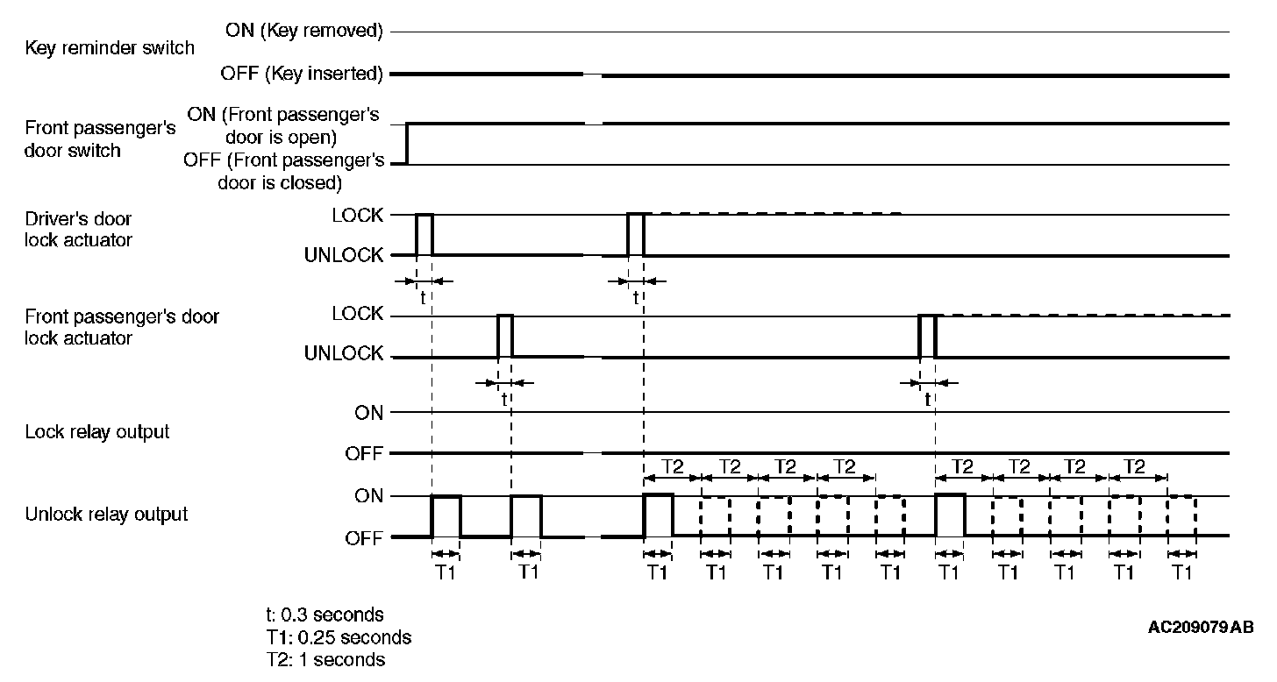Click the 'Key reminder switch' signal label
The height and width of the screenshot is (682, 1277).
(110, 48)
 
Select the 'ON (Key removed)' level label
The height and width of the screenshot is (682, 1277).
(304, 32)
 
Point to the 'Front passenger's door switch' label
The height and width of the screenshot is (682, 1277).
(100, 139)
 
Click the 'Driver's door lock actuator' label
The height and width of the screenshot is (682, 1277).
(79, 229)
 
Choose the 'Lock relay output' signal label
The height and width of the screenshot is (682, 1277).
(97, 432)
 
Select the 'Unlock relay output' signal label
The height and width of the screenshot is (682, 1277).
(106, 514)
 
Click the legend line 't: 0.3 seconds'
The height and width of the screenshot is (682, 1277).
(325, 615)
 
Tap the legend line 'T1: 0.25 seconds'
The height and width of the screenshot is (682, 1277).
(339, 637)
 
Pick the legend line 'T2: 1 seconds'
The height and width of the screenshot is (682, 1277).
(325, 659)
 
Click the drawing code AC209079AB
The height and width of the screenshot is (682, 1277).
(1201, 628)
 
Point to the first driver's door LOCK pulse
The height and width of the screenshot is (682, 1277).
(424, 233)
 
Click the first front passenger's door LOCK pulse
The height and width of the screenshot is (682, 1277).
(505, 335)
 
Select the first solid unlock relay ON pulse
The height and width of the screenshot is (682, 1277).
(446, 515)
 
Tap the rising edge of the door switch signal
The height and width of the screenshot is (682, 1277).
(407, 144)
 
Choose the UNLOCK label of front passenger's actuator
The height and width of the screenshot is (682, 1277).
(344, 354)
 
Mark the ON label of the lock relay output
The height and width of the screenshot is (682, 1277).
(369, 412)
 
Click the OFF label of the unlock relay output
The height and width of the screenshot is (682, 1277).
(363, 538)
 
